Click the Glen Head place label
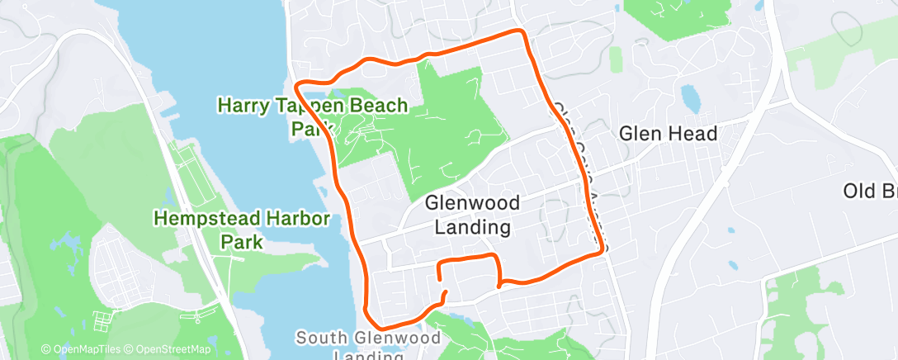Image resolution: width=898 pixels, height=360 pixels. (x=668, y=133)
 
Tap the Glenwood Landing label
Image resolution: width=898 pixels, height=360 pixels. (x=472, y=215)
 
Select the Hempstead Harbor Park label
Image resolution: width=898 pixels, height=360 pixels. (x=242, y=230)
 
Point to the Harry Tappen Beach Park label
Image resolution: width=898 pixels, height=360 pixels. (x=312, y=116)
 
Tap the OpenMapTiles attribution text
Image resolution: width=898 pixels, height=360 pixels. (x=83, y=350)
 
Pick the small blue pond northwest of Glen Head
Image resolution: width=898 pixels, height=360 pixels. (x=691, y=100)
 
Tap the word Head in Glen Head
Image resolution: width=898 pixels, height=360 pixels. (x=693, y=133)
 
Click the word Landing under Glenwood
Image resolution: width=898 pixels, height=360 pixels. (x=472, y=226)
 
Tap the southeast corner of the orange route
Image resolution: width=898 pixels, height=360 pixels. (x=600, y=253)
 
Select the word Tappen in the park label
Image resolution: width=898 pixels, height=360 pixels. (x=312, y=105)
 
